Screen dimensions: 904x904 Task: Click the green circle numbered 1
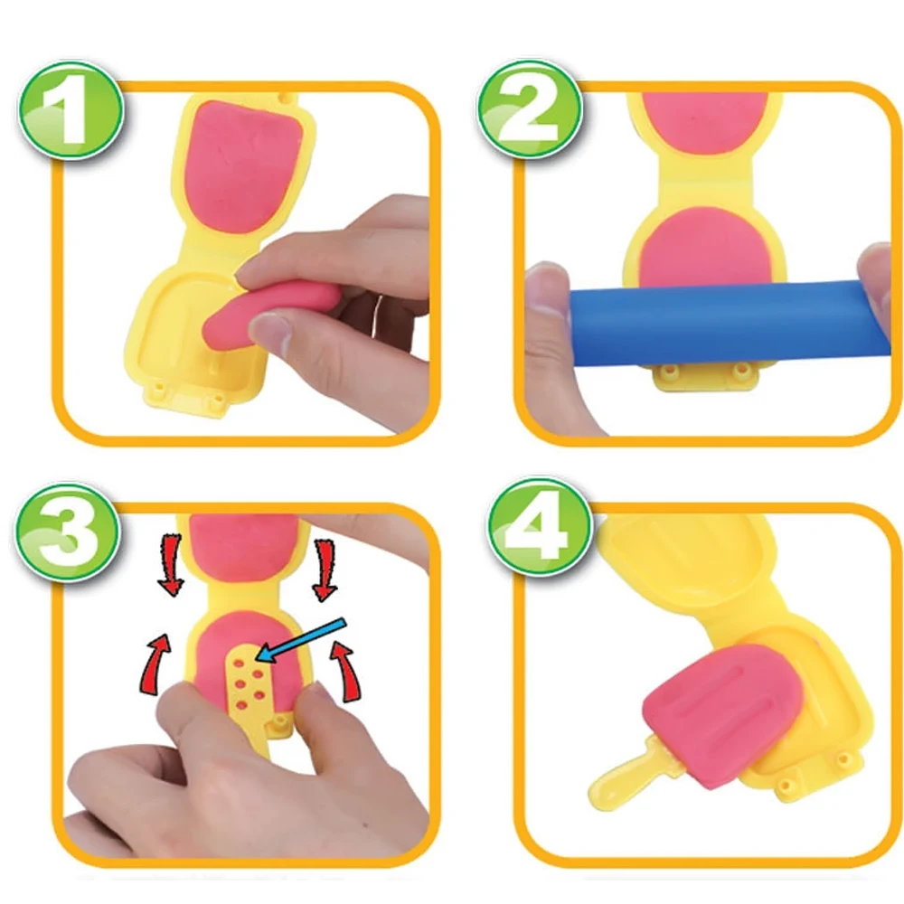71,109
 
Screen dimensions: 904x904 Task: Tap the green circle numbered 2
529,109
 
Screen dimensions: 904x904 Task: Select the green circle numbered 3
68,532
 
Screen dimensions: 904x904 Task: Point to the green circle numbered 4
539,528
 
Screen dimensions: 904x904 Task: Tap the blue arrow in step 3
300,640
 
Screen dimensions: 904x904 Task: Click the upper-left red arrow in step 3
170,565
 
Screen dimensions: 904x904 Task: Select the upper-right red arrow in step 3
325,570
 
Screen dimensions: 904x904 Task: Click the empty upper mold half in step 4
683,553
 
